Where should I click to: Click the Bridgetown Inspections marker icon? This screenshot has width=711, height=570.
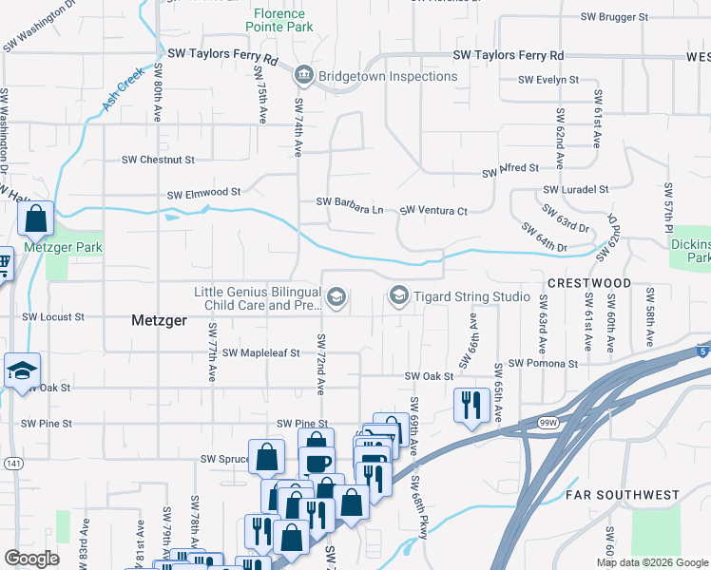[303, 75]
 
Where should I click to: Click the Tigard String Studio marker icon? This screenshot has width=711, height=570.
[399, 297]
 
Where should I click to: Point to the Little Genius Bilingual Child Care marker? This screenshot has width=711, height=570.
[336, 298]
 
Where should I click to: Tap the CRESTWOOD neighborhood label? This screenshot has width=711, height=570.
[589, 283]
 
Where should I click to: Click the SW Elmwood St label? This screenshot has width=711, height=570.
[203, 195]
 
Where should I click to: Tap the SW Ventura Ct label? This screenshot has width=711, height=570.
[434, 210]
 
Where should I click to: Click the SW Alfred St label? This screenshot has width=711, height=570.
[510, 170]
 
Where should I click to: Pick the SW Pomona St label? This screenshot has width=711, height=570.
[543, 363]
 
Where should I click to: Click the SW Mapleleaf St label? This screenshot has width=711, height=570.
[261, 351]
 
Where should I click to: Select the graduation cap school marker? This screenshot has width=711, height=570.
[22, 372]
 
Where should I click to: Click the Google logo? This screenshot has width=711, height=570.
[31, 559]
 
